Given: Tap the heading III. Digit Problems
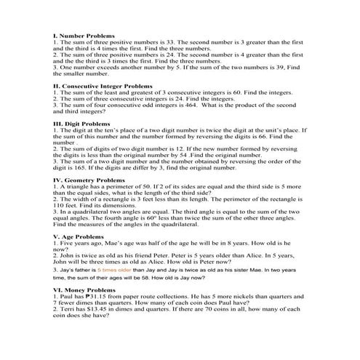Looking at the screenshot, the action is pos(81,124).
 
